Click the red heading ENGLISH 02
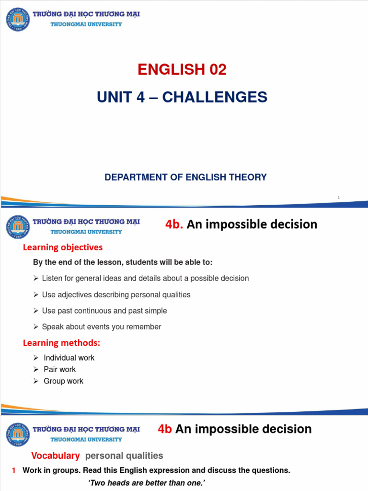click(182, 70)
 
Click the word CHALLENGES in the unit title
click(215, 97)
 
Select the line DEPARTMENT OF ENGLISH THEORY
click(185, 177)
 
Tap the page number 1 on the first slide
click(338, 198)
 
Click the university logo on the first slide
click(18, 19)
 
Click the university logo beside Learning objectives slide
click(18, 227)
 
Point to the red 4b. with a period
click(174, 224)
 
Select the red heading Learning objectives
click(63, 247)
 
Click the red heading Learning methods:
click(62, 343)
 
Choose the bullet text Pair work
click(59, 369)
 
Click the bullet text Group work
click(63, 381)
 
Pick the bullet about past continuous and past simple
click(104, 311)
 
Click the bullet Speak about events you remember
click(102, 327)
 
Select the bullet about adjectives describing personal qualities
click(116, 295)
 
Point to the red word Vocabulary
click(55, 456)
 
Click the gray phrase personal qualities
click(124, 456)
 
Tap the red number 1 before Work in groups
click(14, 471)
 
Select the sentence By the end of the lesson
click(123, 263)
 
